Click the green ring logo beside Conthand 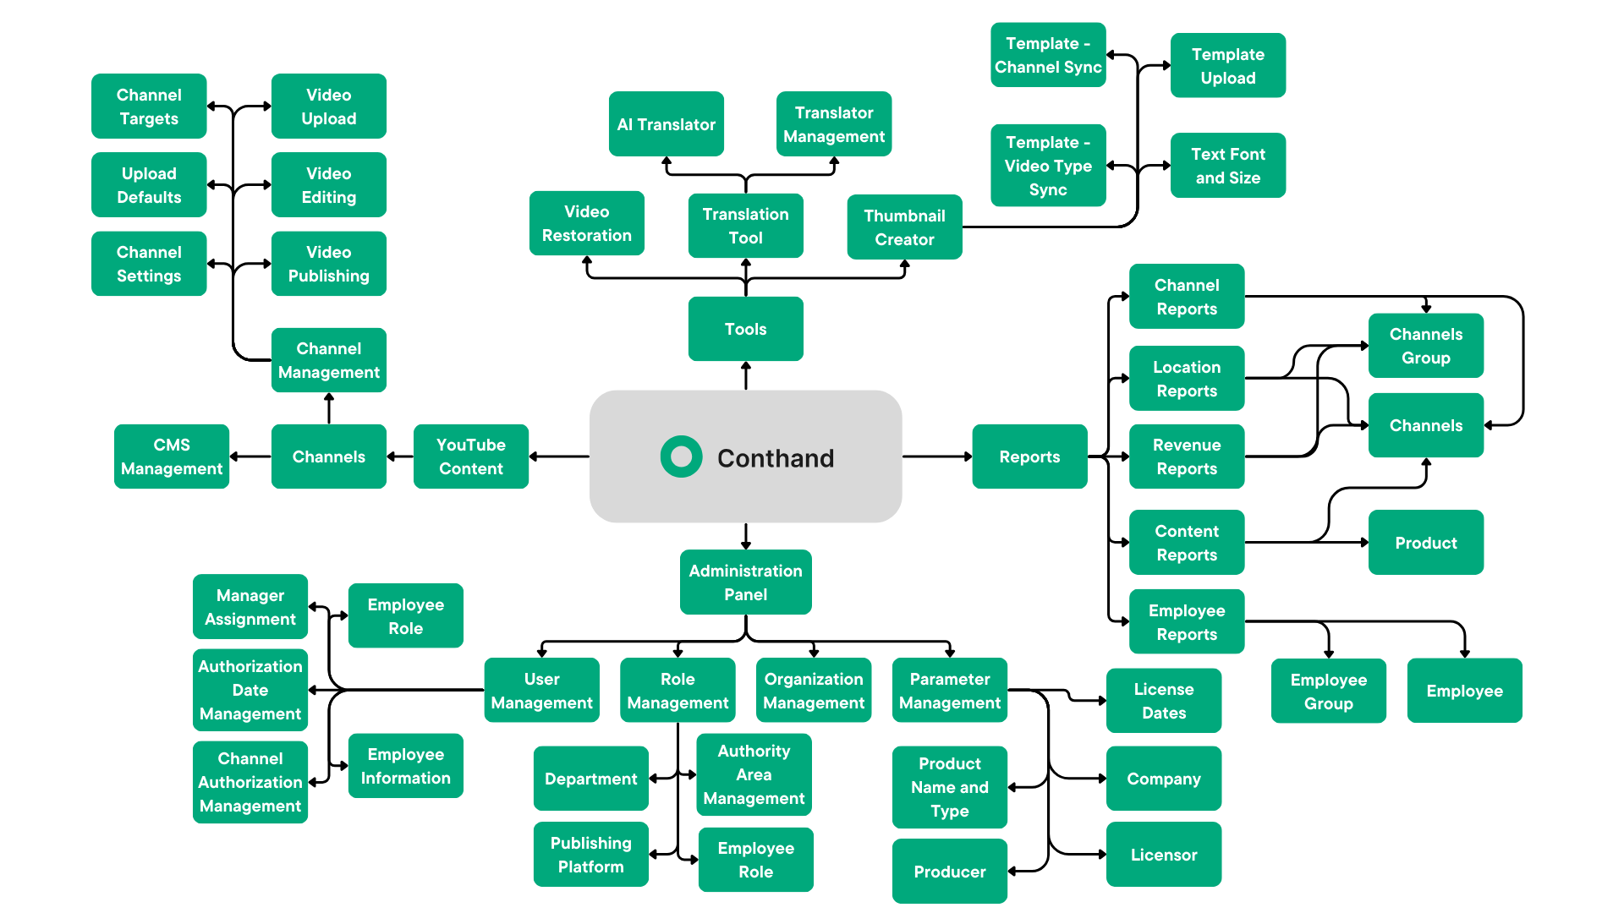click(681, 456)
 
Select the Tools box click(745, 329)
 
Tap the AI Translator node click(666, 124)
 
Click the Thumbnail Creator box click(904, 227)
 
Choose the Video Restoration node click(586, 223)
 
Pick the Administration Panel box click(745, 582)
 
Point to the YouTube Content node click(470, 456)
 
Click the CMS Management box click(172, 456)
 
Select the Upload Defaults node click(149, 185)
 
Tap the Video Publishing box click(328, 264)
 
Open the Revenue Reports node click(1187, 456)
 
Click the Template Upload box click(1228, 66)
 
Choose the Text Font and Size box click(1228, 166)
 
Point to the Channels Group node click(1426, 346)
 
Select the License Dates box click(1164, 701)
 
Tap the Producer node click(949, 872)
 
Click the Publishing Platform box click(590, 855)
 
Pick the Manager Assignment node click(250, 607)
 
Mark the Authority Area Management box click(754, 774)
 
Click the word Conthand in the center click(776, 458)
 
